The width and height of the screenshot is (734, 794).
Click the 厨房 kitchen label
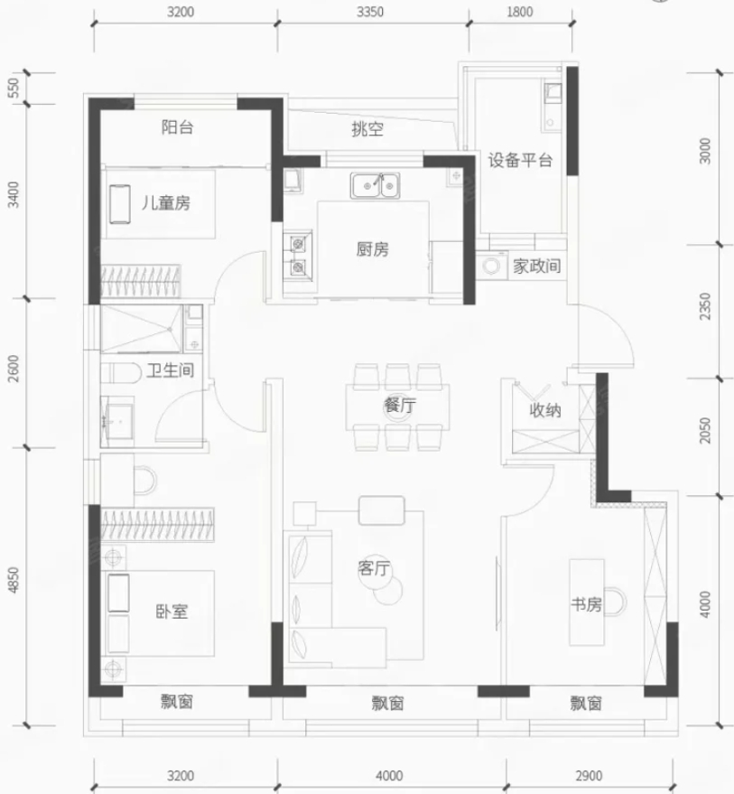point(372,249)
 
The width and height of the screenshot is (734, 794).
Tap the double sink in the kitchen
point(375,185)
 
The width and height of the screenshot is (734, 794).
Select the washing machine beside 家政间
point(491,266)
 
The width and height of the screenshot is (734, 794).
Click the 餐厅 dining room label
point(400,405)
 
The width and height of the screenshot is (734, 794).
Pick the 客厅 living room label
point(374,568)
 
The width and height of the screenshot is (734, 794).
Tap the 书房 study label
point(586,604)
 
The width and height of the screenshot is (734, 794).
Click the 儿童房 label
point(165,203)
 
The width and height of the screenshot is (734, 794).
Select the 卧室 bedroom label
point(172,612)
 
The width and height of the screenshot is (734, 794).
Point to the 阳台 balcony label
point(177,126)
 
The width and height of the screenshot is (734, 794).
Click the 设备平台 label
point(520,161)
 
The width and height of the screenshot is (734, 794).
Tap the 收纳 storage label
point(545,410)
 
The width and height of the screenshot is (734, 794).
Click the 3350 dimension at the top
point(370,12)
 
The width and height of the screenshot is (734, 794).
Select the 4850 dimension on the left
point(14,580)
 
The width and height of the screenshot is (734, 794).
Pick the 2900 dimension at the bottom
point(589,776)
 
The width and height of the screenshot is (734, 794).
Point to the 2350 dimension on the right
point(705,306)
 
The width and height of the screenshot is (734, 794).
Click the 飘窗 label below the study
point(586,703)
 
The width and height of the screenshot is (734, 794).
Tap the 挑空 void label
point(367,129)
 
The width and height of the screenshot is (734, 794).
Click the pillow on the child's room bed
point(120,203)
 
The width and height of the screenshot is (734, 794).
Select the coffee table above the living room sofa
point(382,510)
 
